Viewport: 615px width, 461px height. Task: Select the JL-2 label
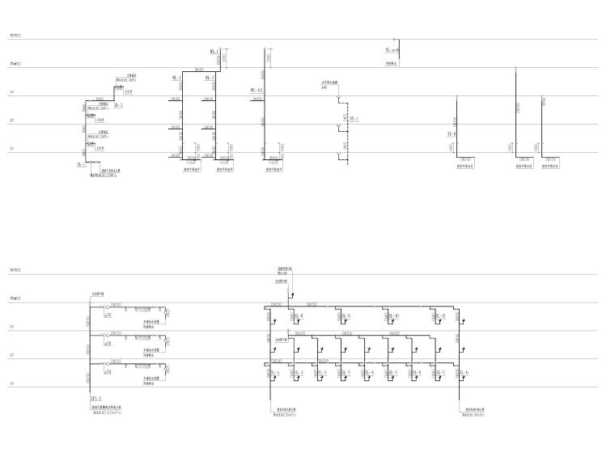[x=118, y=105]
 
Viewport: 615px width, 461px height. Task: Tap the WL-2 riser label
[x=208, y=78]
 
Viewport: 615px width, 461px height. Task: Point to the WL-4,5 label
[x=257, y=90]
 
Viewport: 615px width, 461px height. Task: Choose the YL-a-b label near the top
[x=392, y=50]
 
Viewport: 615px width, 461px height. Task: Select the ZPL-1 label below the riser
[x=96, y=399]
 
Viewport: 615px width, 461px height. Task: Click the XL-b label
[x=463, y=373]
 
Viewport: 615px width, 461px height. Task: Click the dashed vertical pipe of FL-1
[x=344, y=137]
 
